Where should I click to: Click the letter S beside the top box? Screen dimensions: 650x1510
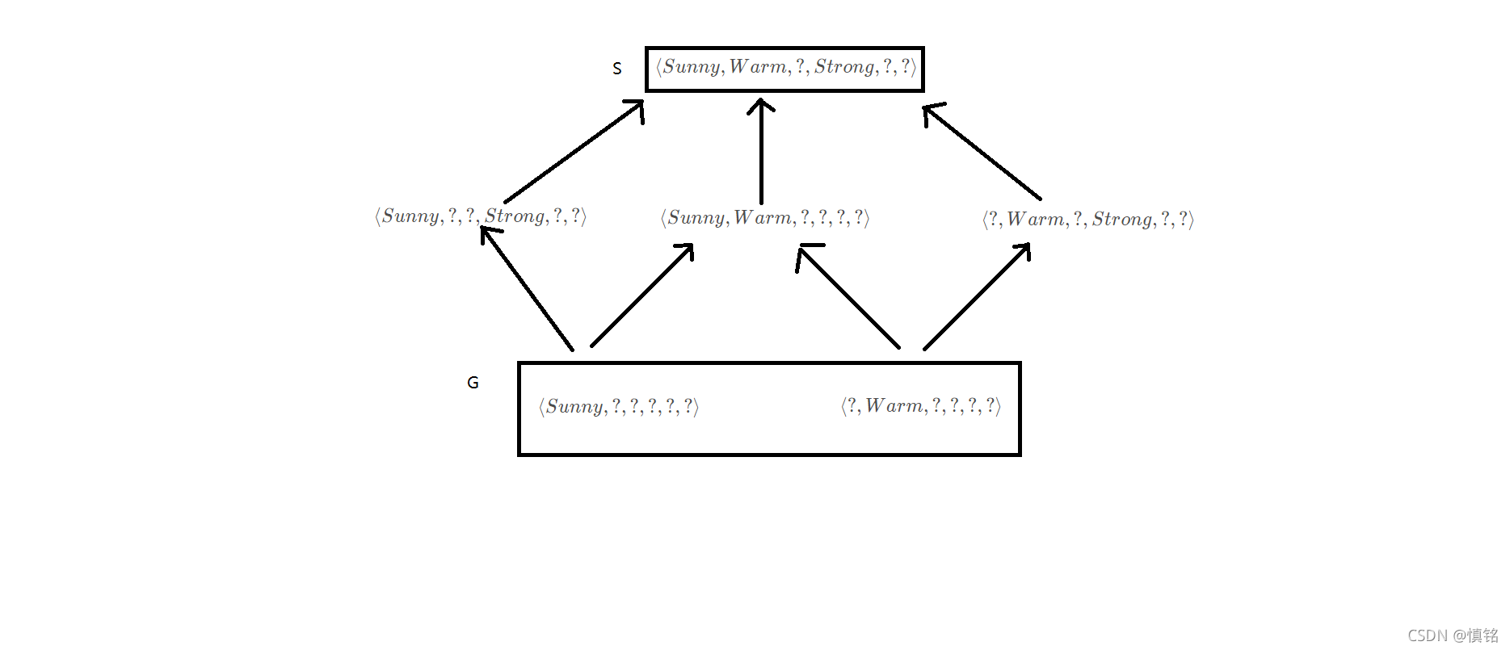[x=617, y=69]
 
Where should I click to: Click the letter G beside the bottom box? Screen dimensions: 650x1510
[x=473, y=383]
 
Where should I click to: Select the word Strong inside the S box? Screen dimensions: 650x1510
[x=844, y=67]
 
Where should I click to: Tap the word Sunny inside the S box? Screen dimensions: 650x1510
[x=692, y=67]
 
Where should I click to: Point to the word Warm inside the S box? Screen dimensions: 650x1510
[x=758, y=67]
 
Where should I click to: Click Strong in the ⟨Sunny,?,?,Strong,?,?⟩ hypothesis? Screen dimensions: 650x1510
[x=515, y=216]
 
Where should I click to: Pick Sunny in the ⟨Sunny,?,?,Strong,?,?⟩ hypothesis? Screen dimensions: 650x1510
[x=411, y=216]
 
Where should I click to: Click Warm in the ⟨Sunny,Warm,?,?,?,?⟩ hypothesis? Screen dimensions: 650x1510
[x=763, y=218]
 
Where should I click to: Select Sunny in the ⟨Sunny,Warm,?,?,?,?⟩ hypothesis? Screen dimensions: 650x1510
[x=696, y=218]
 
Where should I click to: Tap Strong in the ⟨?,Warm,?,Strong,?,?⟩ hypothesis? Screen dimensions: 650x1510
[x=1122, y=220]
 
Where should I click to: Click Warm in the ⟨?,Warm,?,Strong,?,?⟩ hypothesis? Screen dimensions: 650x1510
[x=1036, y=220]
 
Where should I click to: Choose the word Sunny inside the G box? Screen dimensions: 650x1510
[x=575, y=407]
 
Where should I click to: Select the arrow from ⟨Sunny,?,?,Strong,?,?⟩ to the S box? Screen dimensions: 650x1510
[x=574, y=152]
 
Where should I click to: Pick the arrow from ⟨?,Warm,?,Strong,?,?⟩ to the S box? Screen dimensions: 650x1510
[x=982, y=152]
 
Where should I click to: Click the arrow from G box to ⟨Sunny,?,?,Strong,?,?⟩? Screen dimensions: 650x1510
[x=527, y=289]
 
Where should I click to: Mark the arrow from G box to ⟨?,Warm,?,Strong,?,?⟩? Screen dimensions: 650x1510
[x=978, y=296]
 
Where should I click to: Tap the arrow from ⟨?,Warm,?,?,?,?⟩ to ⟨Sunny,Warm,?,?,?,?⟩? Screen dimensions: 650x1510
[x=848, y=297]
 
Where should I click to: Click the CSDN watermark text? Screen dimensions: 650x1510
[x=1452, y=635]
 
